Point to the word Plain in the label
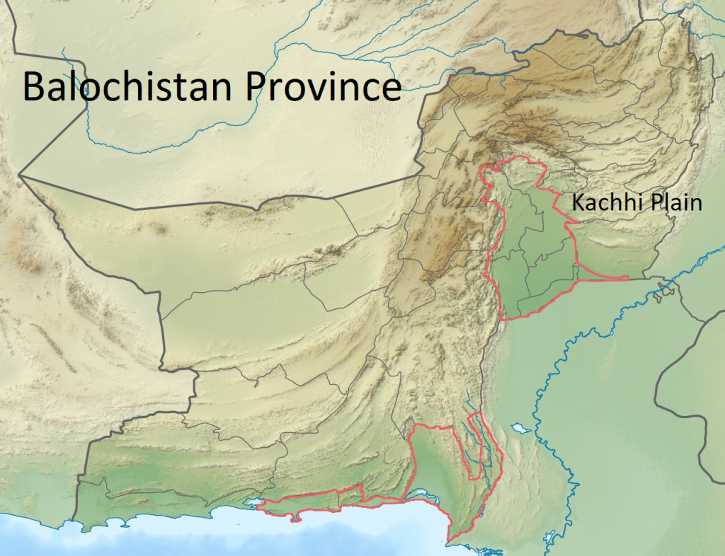coord(672,203)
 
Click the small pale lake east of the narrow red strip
coord(522,428)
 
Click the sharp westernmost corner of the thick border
coord(20,175)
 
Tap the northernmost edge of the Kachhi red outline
coord(520,162)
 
